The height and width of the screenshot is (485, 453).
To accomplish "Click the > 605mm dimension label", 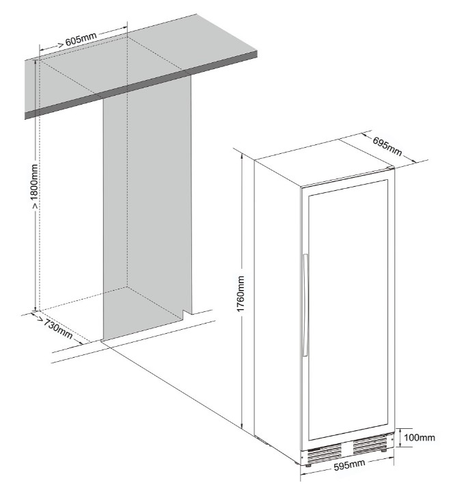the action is tap(78, 40).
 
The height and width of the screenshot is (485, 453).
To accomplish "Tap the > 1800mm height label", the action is tap(35, 187).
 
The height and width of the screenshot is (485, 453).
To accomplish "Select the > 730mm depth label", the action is tap(55, 328).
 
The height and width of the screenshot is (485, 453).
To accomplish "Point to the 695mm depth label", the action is tap(387, 146).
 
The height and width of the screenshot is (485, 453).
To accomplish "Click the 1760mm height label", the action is tap(241, 294).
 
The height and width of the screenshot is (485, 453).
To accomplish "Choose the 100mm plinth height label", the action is tap(420, 437).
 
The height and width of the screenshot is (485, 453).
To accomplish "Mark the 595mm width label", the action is tap(349, 465).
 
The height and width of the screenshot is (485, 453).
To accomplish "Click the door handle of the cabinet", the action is tap(305, 305).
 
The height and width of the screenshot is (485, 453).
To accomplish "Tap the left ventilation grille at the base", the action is tap(324, 454).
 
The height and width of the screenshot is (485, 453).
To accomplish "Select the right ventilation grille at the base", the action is tap(370, 444).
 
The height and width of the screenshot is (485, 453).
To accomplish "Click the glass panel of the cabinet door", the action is tap(348, 310).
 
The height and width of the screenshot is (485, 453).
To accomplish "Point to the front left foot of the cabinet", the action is tap(308, 465).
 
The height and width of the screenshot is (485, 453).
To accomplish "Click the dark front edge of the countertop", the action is tap(141, 85).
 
